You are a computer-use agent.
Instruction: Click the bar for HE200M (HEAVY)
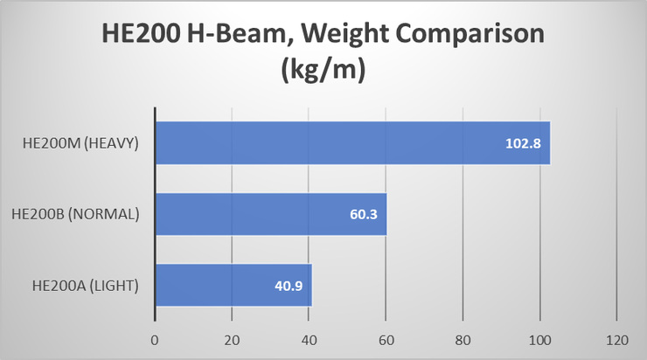coord(352,142)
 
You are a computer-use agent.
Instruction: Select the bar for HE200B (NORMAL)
coord(271,214)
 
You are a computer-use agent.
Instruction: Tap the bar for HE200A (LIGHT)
coord(233,285)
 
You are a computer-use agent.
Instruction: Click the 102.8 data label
coord(523,142)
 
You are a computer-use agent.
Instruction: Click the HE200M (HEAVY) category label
coord(82,143)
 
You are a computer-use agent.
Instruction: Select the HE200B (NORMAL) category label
coord(79,214)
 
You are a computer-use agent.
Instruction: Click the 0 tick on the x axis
coord(155,340)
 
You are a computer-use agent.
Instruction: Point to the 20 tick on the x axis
coord(232,340)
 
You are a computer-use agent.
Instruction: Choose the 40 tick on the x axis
coord(309,340)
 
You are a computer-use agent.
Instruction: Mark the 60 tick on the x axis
coord(386,340)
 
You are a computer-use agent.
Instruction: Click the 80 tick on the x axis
coord(463,340)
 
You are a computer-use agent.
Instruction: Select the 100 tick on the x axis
coord(540,340)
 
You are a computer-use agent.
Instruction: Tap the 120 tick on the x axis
coord(617,340)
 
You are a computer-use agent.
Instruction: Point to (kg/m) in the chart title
coord(323,71)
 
